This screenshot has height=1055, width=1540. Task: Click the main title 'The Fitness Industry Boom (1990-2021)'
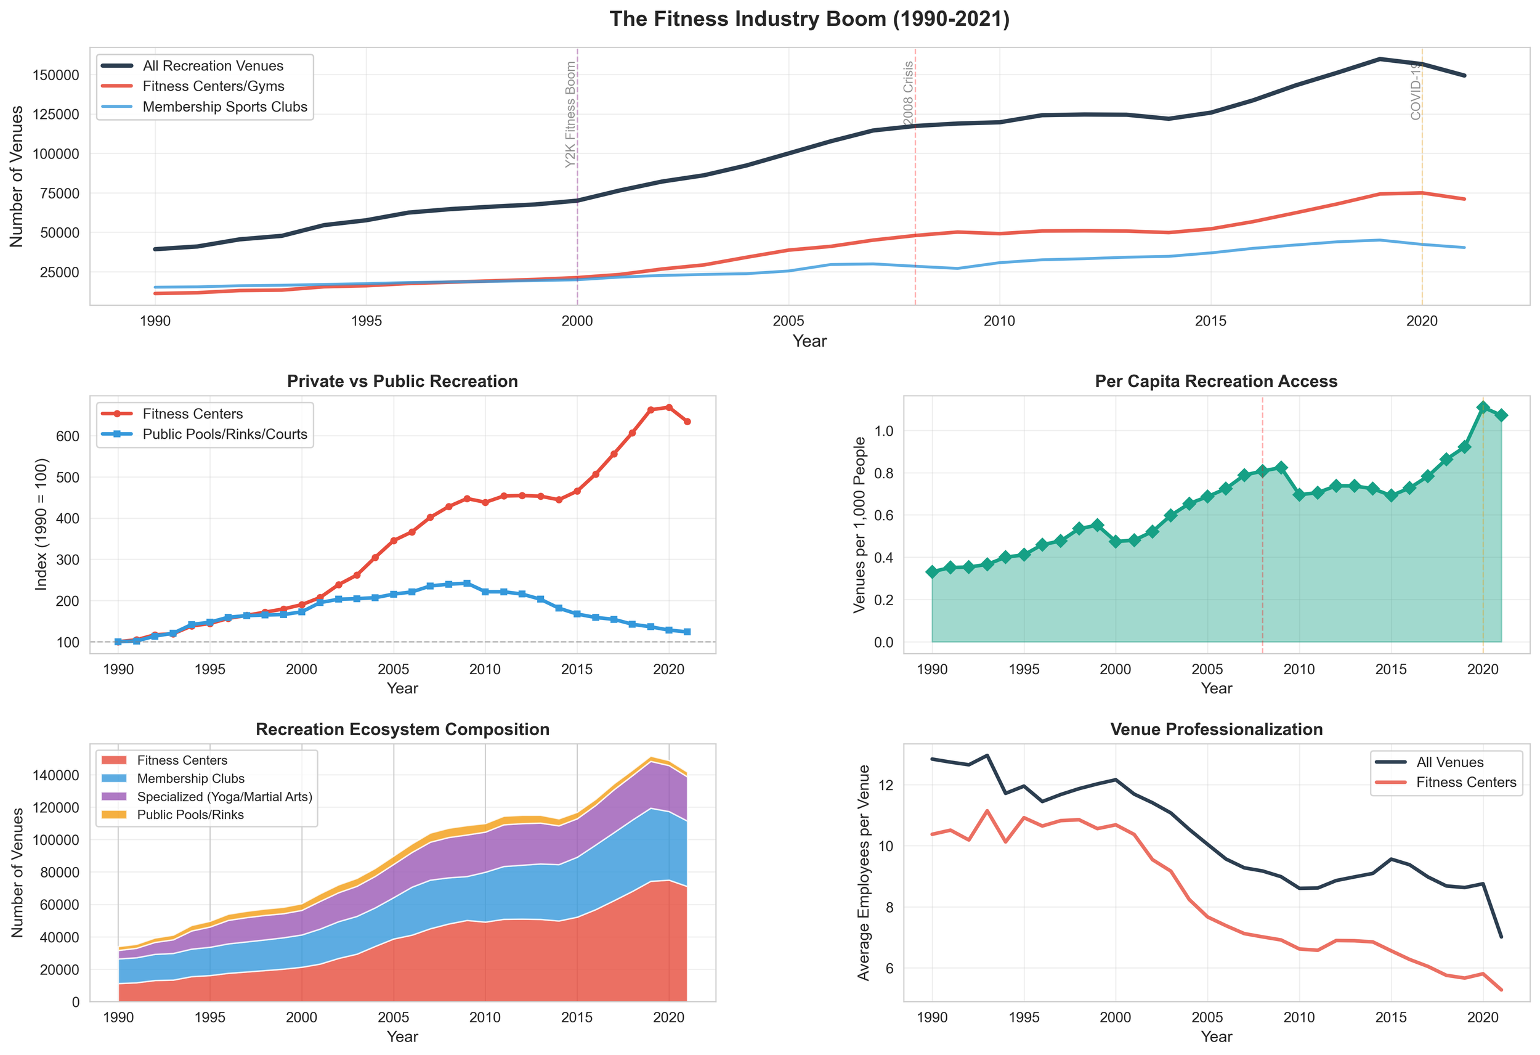click(x=809, y=19)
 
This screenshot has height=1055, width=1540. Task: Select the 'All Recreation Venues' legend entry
click(x=213, y=67)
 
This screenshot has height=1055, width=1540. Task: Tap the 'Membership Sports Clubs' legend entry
click(x=225, y=107)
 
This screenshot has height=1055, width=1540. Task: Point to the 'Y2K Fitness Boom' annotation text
click(x=570, y=114)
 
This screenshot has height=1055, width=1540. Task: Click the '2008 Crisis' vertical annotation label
click(x=909, y=93)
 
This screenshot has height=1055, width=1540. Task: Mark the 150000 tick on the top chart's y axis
click(x=55, y=75)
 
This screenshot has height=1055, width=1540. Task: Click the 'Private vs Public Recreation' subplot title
click(x=402, y=382)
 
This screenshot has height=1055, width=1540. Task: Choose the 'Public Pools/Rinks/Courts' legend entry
click(x=225, y=435)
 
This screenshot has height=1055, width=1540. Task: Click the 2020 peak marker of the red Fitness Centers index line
click(x=669, y=408)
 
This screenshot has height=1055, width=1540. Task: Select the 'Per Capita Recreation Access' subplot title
click(x=1216, y=382)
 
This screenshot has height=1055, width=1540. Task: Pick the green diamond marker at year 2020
click(x=1483, y=408)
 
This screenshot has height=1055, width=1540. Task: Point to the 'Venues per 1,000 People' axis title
click(x=859, y=524)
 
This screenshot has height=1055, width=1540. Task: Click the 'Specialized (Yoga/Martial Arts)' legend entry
click(x=224, y=797)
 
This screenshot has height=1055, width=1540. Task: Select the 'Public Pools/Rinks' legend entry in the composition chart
click(x=190, y=815)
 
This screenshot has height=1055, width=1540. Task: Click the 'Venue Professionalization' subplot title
click(x=1216, y=730)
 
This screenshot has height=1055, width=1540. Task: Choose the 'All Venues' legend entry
click(x=1449, y=762)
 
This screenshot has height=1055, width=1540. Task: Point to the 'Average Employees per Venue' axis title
click(x=864, y=873)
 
